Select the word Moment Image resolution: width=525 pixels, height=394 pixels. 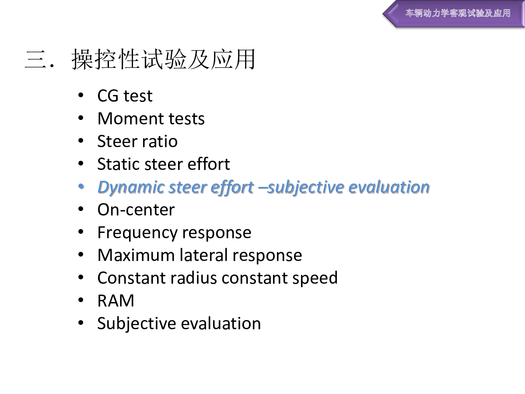click(x=130, y=118)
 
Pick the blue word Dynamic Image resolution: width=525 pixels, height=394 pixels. click(x=131, y=187)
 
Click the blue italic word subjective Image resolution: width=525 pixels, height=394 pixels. click(x=306, y=187)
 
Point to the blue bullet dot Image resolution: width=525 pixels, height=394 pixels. click(x=81, y=186)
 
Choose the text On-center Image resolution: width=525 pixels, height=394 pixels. click(x=136, y=210)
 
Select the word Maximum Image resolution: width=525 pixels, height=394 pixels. click(x=136, y=255)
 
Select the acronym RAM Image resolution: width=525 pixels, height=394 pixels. click(x=116, y=300)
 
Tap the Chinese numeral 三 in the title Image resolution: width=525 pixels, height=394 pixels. click(x=35, y=59)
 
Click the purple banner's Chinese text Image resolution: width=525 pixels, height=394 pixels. click(x=458, y=13)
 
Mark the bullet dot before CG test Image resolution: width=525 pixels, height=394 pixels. click(x=81, y=95)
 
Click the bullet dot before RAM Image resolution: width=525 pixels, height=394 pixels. click(x=81, y=300)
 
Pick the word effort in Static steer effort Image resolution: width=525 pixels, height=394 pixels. click(x=209, y=164)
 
